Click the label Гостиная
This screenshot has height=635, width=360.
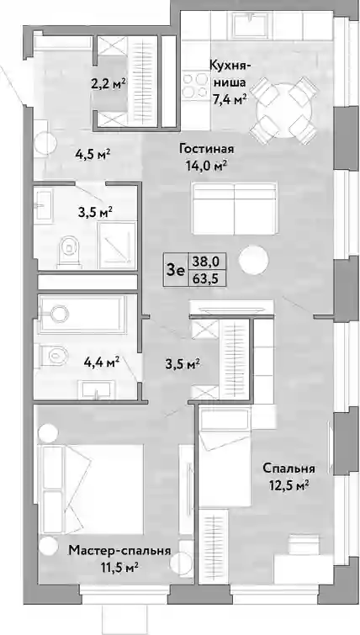[x=207, y=149]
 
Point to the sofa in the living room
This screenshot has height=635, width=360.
[x=235, y=209]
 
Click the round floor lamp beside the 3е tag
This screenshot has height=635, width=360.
[x=253, y=261]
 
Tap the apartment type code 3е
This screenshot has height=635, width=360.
[x=175, y=271]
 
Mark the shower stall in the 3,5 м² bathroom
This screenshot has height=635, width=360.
[x=117, y=245]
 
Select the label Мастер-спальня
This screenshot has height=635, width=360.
[x=119, y=551]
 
